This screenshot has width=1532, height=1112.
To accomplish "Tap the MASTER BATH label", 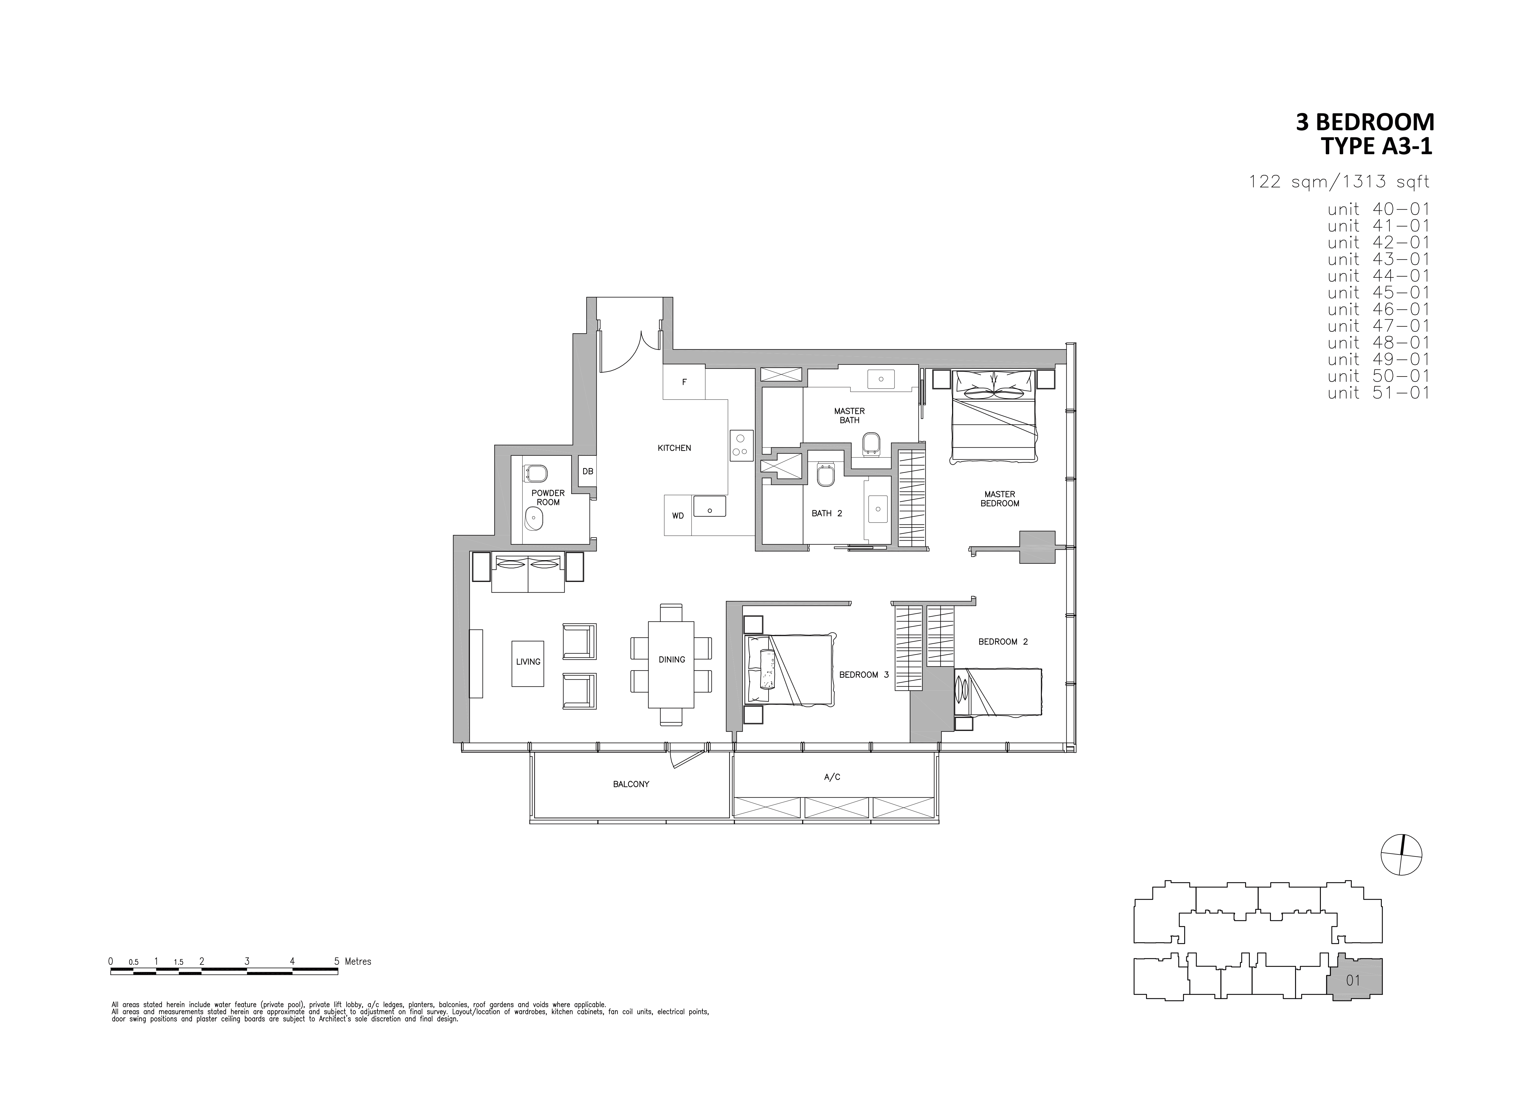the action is pyautogui.click(x=849, y=415).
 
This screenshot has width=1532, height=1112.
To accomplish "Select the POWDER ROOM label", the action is pyautogui.click(x=548, y=498).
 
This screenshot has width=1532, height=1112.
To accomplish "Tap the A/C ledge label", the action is pyautogui.click(x=832, y=777).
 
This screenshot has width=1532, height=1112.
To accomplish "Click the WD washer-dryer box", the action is pyautogui.click(x=678, y=516).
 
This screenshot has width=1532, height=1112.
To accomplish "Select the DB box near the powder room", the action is pyautogui.click(x=588, y=471).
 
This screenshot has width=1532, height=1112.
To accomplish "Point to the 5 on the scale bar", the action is pyautogui.click(x=336, y=962).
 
